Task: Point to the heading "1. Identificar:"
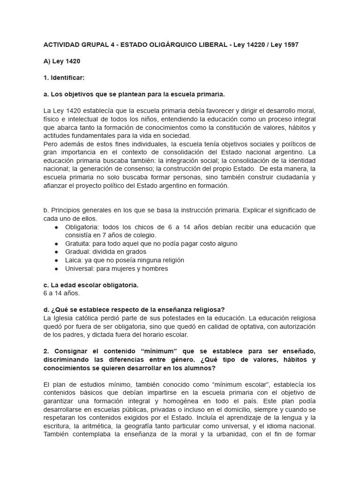pos(64,78)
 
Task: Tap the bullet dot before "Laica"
pos(56,260)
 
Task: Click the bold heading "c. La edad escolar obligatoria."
pos(90,285)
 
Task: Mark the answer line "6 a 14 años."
pos(61,293)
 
